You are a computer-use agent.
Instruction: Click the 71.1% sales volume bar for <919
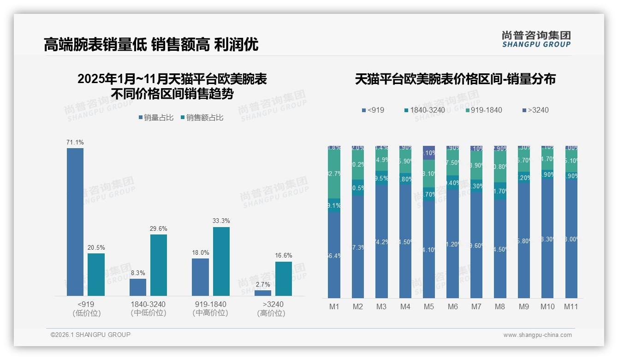click(x=75, y=222)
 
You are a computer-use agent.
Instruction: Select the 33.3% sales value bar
click(x=221, y=261)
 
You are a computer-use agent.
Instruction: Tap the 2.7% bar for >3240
click(x=263, y=293)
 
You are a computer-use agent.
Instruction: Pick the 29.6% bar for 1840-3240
click(x=159, y=265)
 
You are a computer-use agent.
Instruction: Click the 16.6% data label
click(x=284, y=256)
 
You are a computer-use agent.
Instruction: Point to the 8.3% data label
click(x=138, y=273)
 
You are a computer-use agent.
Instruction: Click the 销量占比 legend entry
click(x=156, y=118)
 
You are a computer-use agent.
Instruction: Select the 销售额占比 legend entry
click(x=202, y=118)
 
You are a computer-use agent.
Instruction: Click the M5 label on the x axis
click(x=429, y=306)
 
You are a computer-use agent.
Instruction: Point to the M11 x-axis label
click(x=571, y=306)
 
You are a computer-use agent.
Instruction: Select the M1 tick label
click(x=334, y=306)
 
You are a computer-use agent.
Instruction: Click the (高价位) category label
click(x=271, y=313)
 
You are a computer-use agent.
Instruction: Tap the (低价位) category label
click(x=87, y=313)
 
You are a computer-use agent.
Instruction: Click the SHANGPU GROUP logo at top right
click(x=536, y=39)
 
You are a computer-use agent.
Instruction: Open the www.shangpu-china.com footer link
click(x=537, y=335)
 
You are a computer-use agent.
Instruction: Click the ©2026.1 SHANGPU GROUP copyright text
click(x=90, y=335)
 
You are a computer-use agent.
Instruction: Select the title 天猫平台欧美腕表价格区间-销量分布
click(x=455, y=79)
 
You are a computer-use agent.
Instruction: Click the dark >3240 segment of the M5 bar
click(x=429, y=153)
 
